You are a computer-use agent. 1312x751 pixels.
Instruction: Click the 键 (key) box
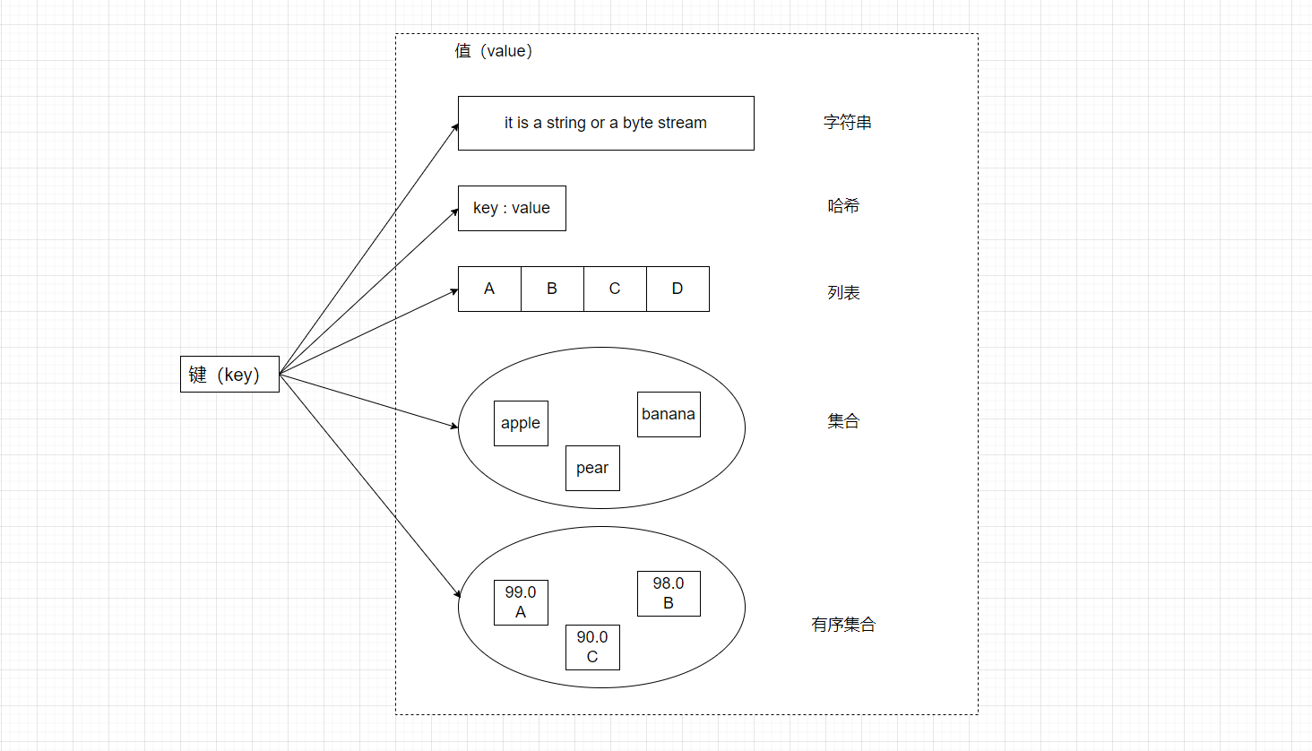point(229,374)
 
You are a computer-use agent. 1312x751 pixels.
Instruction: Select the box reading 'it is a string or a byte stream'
point(606,123)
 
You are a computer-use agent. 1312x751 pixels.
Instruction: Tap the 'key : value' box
point(512,208)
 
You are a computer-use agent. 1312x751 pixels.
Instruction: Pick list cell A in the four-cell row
point(489,289)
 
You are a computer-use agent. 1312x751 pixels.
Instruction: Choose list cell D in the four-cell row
point(678,289)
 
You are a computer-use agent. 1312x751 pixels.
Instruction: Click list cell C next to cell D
point(615,289)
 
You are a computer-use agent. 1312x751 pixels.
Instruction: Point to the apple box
point(521,423)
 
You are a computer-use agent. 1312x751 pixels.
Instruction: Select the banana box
point(669,414)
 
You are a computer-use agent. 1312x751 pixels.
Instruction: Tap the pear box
point(592,468)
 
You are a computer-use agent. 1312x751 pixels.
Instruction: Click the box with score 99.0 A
point(521,602)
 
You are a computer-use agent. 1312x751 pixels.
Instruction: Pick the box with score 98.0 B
point(669,593)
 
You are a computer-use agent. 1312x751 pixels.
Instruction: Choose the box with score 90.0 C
point(592,647)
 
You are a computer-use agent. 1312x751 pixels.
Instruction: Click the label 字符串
point(848,123)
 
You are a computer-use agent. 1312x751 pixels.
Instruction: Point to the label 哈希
point(843,206)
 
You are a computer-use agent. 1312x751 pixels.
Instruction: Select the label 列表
point(843,293)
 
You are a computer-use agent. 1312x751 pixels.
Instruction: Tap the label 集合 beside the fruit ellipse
point(843,421)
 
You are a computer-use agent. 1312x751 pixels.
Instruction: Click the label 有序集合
point(843,625)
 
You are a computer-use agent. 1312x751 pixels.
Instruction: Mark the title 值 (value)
point(494,51)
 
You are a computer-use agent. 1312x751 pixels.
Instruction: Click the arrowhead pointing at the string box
point(455,127)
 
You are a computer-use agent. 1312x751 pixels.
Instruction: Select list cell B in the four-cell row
point(552,289)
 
